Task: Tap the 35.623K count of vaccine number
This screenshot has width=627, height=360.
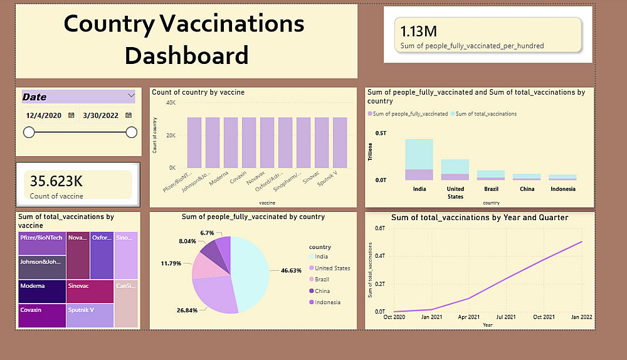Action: pos(56,181)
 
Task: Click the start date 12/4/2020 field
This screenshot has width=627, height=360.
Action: pos(44,115)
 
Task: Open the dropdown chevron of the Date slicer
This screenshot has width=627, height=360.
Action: pos(131,95)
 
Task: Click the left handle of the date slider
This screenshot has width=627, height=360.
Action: pos(29,132)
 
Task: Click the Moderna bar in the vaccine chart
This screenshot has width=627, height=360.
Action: pos(231,142)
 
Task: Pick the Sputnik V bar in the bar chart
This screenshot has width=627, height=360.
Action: pos(340,142)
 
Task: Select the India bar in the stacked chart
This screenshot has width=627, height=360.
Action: pos(419,160)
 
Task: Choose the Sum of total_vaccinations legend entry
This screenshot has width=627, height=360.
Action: pos(486,114)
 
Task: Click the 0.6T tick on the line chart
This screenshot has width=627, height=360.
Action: pos(380,228)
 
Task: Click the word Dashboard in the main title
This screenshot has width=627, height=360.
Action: pos(186,55)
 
